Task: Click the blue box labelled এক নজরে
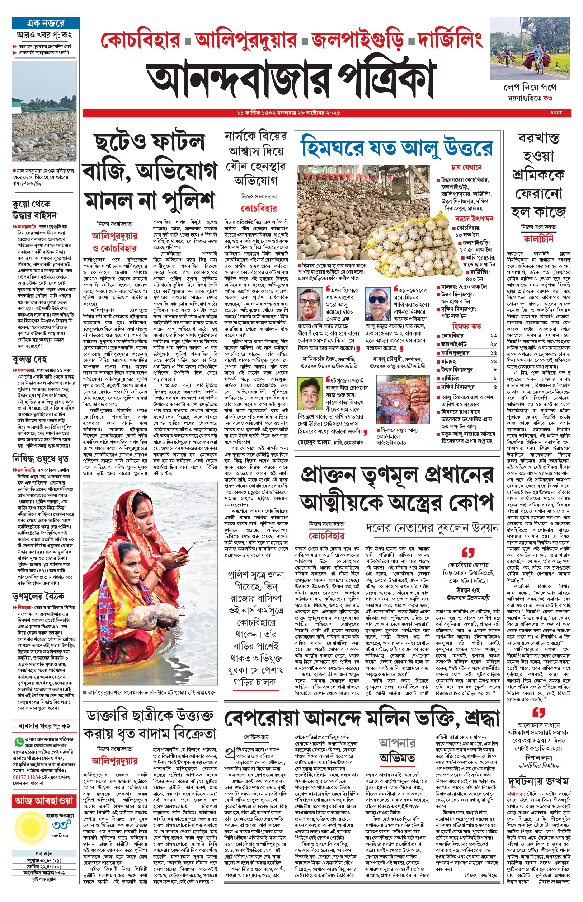click(46, 23)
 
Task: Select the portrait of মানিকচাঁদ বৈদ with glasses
click(310, 304)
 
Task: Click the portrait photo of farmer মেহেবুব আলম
click(310, 394)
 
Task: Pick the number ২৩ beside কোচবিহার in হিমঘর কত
click(493, 336)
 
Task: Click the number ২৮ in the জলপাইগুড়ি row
click(493, 344)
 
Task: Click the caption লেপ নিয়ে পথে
click(530, 88)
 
